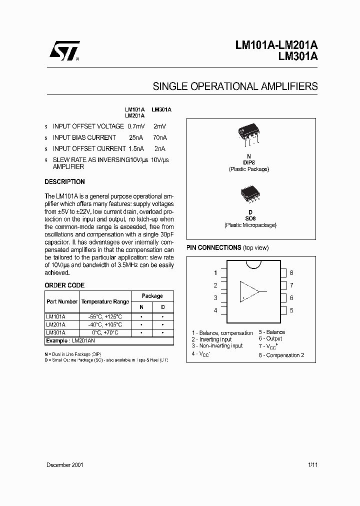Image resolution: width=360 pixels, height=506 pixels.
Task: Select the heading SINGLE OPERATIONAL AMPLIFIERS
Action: pos(235,86)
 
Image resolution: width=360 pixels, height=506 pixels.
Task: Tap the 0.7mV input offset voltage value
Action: pos(135,126)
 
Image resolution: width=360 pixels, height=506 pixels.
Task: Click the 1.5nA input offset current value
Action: pos(135,148)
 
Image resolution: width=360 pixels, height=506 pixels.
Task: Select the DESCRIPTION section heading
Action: pos(64,182)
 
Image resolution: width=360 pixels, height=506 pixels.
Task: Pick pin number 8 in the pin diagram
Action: pos(291,273)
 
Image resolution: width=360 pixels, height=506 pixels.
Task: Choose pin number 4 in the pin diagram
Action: pos(215,310)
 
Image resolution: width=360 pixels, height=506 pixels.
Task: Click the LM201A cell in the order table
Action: pos(55,324)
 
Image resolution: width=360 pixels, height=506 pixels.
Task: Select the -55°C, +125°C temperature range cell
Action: pos(105,317)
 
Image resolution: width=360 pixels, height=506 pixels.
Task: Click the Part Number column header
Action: pos(62,302)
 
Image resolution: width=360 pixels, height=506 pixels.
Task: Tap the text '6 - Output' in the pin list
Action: pos(270,338)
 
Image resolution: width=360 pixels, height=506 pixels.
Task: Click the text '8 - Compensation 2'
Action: pos(281,355)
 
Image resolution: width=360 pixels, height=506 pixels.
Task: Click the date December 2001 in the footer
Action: pos(64,465)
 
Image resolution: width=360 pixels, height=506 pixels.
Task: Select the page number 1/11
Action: pos(312,465)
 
